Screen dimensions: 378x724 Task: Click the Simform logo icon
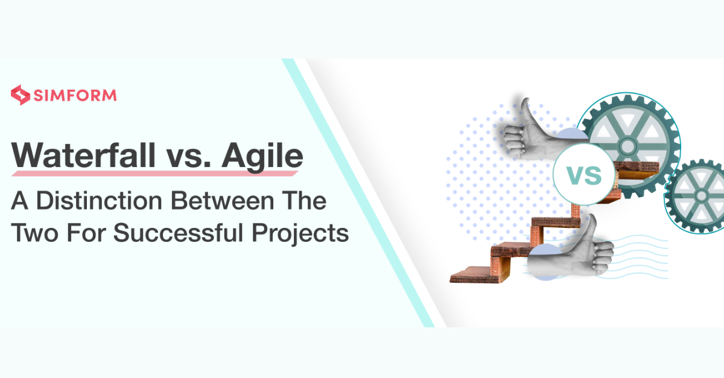tap(21, 95)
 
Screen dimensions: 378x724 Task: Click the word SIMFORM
tap(74, 95)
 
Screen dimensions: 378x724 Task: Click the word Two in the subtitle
tap(34, 232)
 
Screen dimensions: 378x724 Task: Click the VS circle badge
tap(585, 174)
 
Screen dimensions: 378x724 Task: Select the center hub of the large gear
tap(627, 145)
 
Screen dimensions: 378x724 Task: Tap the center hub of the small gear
tap(701, 196)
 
